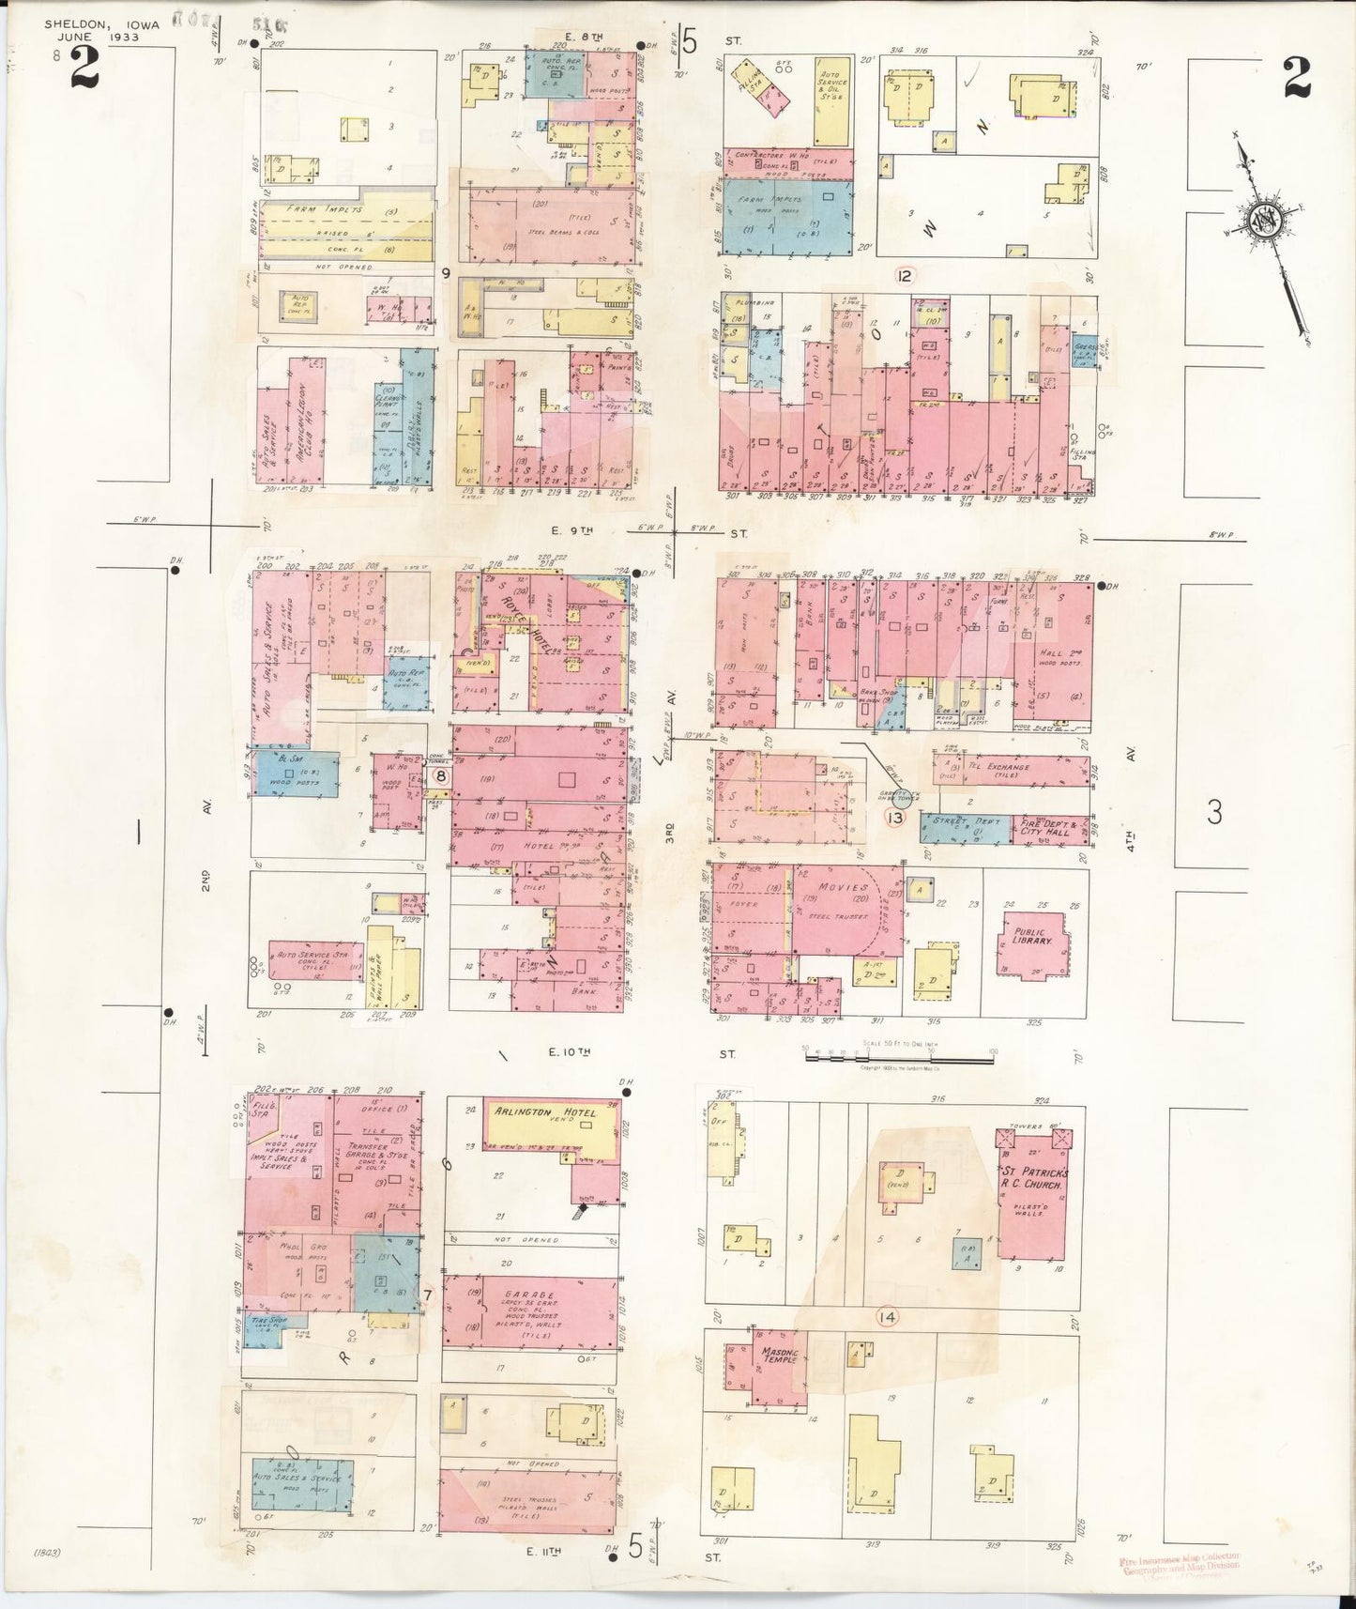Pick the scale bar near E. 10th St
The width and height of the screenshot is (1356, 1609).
(898, 1058)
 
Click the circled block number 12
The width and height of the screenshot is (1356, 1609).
(905, 275)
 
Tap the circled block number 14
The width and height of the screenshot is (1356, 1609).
(887, 1317)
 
